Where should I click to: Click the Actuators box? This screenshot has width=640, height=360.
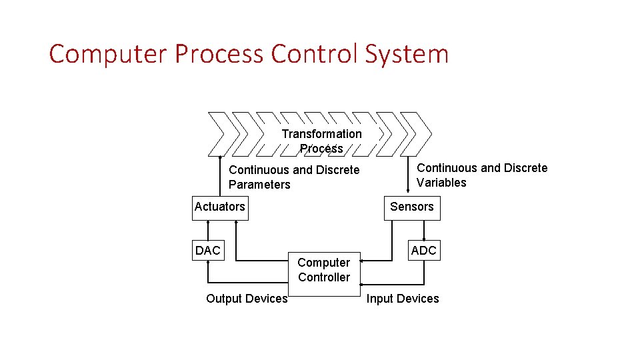219,207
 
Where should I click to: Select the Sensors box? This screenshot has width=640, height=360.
411,207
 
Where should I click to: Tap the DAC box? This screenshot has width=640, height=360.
207,251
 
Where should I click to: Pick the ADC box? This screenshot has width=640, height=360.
423,251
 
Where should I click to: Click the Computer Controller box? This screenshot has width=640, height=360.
324,270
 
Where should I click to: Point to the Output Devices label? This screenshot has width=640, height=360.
247,299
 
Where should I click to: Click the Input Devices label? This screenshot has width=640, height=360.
403,299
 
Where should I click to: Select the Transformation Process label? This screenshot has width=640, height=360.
321,141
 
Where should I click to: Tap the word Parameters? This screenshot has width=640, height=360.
259,185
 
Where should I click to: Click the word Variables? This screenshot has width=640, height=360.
441,183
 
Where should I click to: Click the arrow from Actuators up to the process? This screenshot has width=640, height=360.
221,176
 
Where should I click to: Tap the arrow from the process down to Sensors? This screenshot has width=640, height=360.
408,173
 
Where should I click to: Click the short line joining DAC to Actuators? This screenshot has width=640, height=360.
207,229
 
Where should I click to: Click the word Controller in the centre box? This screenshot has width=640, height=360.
324,277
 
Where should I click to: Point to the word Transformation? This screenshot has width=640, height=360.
321,134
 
